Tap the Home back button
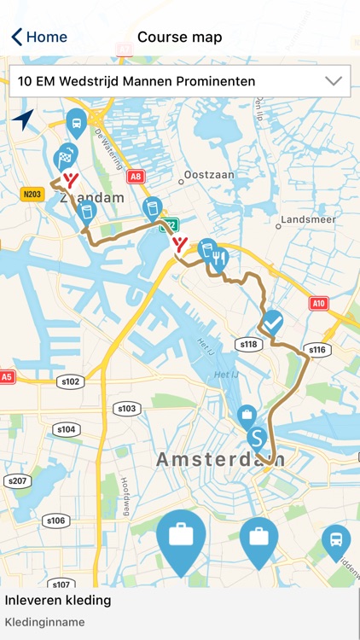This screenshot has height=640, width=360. (39, 37)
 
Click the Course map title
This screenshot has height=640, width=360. (180, 37)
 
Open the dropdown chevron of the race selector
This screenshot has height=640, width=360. (334, 81)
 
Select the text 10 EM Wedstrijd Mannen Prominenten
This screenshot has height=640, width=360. (136, 82)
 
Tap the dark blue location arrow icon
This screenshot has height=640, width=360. (23, 119)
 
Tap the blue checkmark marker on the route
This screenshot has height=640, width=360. (273, 323)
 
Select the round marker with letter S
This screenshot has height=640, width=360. (257, 439)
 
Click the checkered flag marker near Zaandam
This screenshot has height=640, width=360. (63, 158)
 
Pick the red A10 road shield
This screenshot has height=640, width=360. (319, 303)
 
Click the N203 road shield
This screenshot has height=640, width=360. (32, 195)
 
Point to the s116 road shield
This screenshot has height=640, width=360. (316, 350)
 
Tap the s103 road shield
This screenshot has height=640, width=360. (126, 409)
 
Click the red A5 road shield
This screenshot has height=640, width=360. (7, 375)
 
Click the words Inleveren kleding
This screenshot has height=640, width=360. (58, 600)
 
